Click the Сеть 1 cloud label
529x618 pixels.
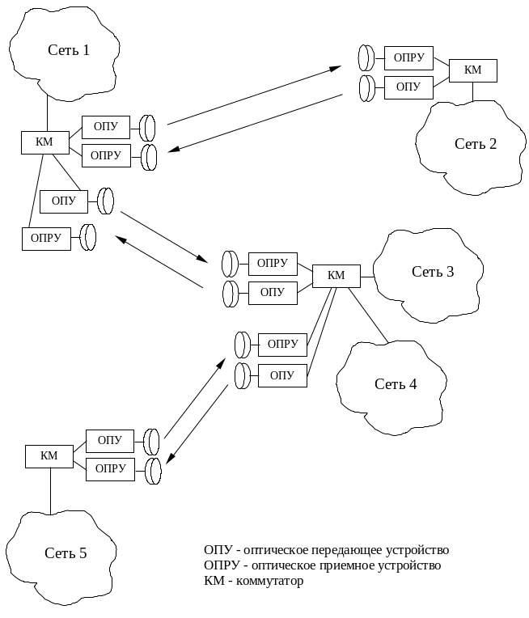[x=68, y=50]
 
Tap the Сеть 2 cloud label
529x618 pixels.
[x=476, y=144]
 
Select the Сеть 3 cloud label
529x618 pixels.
[x=433, y=272]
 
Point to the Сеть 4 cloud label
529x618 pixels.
[x=396, y=384]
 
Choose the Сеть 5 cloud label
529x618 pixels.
[x=66, y=553]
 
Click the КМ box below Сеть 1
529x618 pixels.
[x=45, y=142]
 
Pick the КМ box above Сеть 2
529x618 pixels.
[x=473, y=70]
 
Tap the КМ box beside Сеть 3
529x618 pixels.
[x=336, y=276]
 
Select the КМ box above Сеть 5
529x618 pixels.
[x=49, y=456]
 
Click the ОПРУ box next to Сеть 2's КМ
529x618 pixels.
[x=408, y=58]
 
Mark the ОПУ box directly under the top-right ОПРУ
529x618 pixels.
[x=408, y=87]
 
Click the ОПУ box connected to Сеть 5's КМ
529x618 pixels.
[x=110, y=441]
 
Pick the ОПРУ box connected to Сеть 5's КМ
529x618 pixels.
[x=110, y=469]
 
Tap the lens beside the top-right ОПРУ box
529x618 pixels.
[x=366, y=58]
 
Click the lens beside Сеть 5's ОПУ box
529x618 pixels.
[x=152, y=442]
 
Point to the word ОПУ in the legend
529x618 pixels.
[x=216, y=550]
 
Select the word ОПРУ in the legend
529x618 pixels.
[x=221, y=565]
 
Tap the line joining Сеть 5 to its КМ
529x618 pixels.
[x=50, y=490]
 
